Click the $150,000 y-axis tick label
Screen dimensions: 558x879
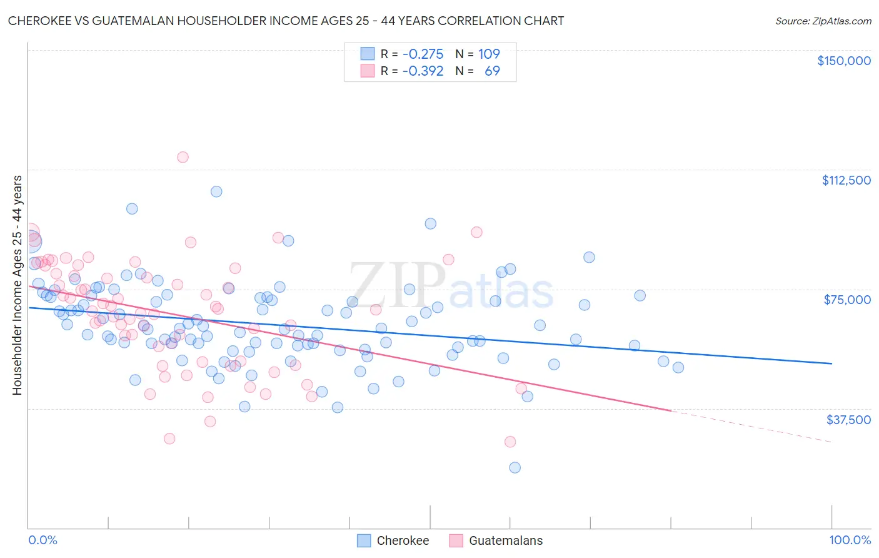click(x=843, y=61)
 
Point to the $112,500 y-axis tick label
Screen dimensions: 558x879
click(x=846, y=180)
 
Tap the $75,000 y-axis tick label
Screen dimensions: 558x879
click(x=847, y=300)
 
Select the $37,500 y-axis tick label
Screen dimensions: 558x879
click(x=848, y=420)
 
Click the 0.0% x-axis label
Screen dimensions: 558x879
click(x=43, y=540)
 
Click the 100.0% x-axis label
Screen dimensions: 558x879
click(x=850, y=540)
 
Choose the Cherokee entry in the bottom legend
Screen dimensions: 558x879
click(x=403, y=540)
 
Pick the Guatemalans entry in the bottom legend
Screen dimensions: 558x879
click(x=505, y=540)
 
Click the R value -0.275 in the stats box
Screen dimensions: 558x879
click(x=423, y=54)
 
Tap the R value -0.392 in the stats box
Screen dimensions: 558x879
click(x=423, y=71)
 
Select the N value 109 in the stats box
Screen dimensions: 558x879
click(x=489, y=54)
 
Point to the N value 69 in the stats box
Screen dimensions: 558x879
click(x=492, y=71)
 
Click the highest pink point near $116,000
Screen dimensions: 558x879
click(x=183, y=157)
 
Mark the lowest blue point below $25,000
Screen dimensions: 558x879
click(x=515, y=467)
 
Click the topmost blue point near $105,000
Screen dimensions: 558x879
click(x=216, y=191)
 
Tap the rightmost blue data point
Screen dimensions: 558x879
click(x=678, y=367)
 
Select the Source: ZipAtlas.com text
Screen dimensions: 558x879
click(x=823, y=21)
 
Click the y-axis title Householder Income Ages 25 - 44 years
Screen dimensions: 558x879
click(x=18, y=285)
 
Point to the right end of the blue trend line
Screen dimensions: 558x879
click(x=831, y=363)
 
